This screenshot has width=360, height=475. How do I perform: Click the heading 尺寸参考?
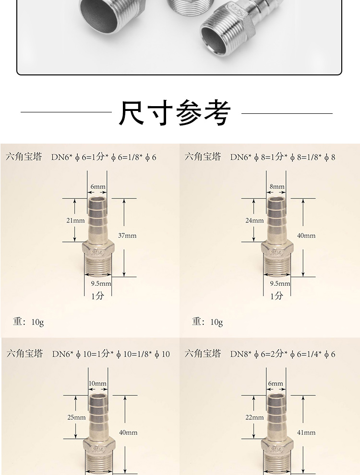coord(174,113)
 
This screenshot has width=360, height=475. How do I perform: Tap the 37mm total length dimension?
coord(127,235)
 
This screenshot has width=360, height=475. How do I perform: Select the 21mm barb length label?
coord(76,220)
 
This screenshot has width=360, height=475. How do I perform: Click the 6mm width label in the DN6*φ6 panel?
coord(98,186)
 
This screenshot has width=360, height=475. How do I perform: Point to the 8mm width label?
coord(277,186)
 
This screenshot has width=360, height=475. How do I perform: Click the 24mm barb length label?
coord(254,220)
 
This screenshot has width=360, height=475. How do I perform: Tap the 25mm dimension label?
coord(77,417)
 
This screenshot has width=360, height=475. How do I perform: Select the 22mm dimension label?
coord(254,417)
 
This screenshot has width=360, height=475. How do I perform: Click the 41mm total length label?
coord(306,432)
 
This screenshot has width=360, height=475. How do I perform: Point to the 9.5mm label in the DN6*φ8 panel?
coord(280,283)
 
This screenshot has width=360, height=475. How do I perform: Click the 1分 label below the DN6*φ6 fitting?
coord(98,296)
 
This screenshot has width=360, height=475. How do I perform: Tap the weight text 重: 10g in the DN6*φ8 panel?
coord(207,322)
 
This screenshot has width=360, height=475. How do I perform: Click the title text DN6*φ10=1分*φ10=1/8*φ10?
coord(111,354)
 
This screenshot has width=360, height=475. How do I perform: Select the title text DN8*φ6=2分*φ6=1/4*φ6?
coord(283,354)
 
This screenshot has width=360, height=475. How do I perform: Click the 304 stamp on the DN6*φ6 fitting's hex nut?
coord(98,252)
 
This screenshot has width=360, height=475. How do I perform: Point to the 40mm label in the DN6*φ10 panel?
coord(128,432)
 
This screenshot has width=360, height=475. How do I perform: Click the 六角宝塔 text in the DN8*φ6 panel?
coord(203,353)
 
